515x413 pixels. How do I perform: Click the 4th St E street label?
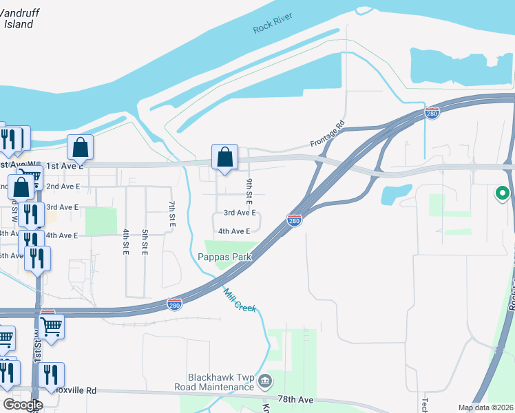point(126,242)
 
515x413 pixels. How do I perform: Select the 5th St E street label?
point(145,242)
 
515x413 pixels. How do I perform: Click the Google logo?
point(23,405)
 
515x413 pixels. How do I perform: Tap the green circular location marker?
point(502,193)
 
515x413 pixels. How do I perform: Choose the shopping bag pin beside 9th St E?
point(224,157)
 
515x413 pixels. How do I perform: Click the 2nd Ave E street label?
point(62,187)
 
